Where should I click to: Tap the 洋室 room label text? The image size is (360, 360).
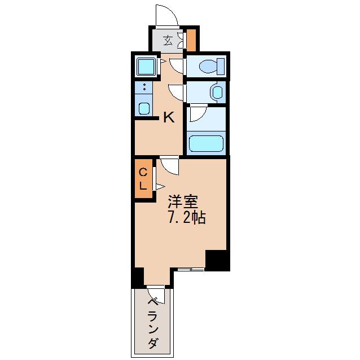click(183, 201)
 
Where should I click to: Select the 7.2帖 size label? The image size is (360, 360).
click(187, 217)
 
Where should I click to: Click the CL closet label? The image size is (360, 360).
click(143, 179)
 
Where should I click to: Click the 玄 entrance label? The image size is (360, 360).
click(168, 41)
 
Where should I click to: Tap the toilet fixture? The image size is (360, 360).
click(212, 67)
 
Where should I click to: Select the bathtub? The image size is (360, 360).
click(206, 144)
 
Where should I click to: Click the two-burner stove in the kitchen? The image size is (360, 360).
click(144, 87)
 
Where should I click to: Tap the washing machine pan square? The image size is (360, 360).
click(146, 66)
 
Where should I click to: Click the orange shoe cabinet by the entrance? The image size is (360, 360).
click(191, 40)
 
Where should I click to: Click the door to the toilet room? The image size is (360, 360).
click(176, 66)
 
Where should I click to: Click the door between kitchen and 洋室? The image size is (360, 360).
click(169, 166)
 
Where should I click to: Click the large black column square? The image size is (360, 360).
click(217, 261)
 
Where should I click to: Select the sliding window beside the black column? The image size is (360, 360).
click(191, 270)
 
